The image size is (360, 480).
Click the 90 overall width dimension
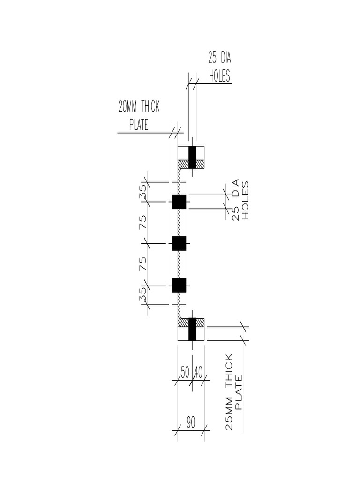coord(191,422)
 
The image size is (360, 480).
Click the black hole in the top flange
coord(192,157)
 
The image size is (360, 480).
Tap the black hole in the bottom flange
coord(192,329)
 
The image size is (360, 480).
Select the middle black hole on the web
coord(179,243)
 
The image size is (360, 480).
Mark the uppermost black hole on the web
coord(179,202)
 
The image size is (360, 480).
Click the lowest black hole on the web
coord(179,285)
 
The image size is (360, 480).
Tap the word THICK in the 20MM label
coord(150,107)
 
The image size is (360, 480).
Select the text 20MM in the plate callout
coord(128,107)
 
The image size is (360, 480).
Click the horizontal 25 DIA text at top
coord(220,59)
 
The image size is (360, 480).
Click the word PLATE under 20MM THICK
coord(139,125)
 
